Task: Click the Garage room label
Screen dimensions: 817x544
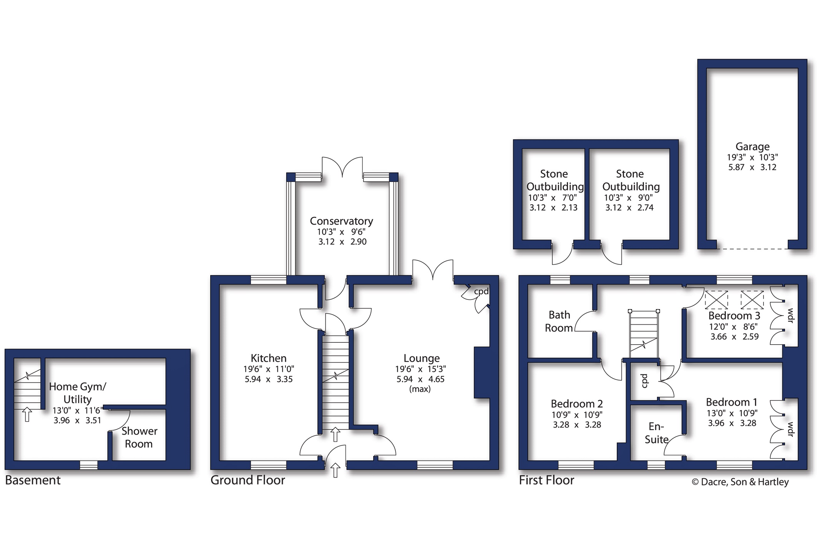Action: pyautogui.click(x=752, y=147)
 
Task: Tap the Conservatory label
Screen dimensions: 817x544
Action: pyautogui.click(x=341, y=221)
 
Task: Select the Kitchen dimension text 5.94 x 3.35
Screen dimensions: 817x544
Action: pyautogui.click(x=269, y=379)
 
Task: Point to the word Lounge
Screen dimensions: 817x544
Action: pyautogui.click(x=422, y=359)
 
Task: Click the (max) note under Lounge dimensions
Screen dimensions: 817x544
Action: pyautogui.click(x=420, y=389)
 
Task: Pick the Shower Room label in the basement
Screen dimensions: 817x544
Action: pyautogui.click(x=139, y=437)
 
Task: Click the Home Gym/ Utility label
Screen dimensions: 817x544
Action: pyautogui.click(x=78, y=393)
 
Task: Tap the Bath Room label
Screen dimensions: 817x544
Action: pyautogui.click(x=559, y=321)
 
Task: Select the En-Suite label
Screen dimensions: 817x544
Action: pyautogui.click(x=656, y=433)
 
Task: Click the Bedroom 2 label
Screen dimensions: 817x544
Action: pyautogui.click(x=577, y=404)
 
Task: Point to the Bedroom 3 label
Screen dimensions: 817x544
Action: pyautogui.click(x=734, y=316)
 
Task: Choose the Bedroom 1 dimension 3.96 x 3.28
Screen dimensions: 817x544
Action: pyautogui.click(x=732, y=423)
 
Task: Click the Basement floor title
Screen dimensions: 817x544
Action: pyautogui.click(x=33, y=480)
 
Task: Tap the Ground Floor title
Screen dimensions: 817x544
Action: pyautogui.click(x=248, y=480)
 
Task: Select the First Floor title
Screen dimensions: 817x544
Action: pyautogui.click(x=546, y=480)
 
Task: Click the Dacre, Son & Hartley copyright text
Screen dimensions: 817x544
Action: pyautogui.click(x=740, y=482)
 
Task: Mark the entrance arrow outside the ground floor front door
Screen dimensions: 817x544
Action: pyautogui.click(x=335, y=470)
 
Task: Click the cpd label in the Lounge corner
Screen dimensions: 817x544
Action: pyautogui.click(x=481, y=292)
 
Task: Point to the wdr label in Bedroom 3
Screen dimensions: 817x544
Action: pyautogui.click(x=790, y=316)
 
